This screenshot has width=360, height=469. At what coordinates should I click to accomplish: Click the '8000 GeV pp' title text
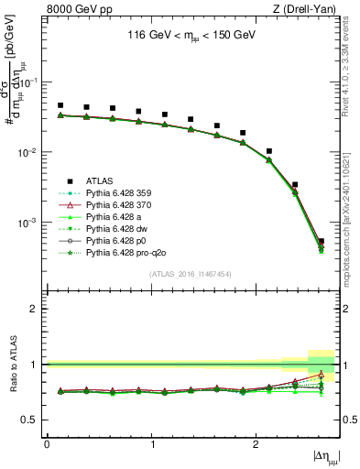73,10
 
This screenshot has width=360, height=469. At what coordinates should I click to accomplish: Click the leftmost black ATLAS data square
60,105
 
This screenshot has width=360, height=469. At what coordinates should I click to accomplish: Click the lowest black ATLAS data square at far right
321,242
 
